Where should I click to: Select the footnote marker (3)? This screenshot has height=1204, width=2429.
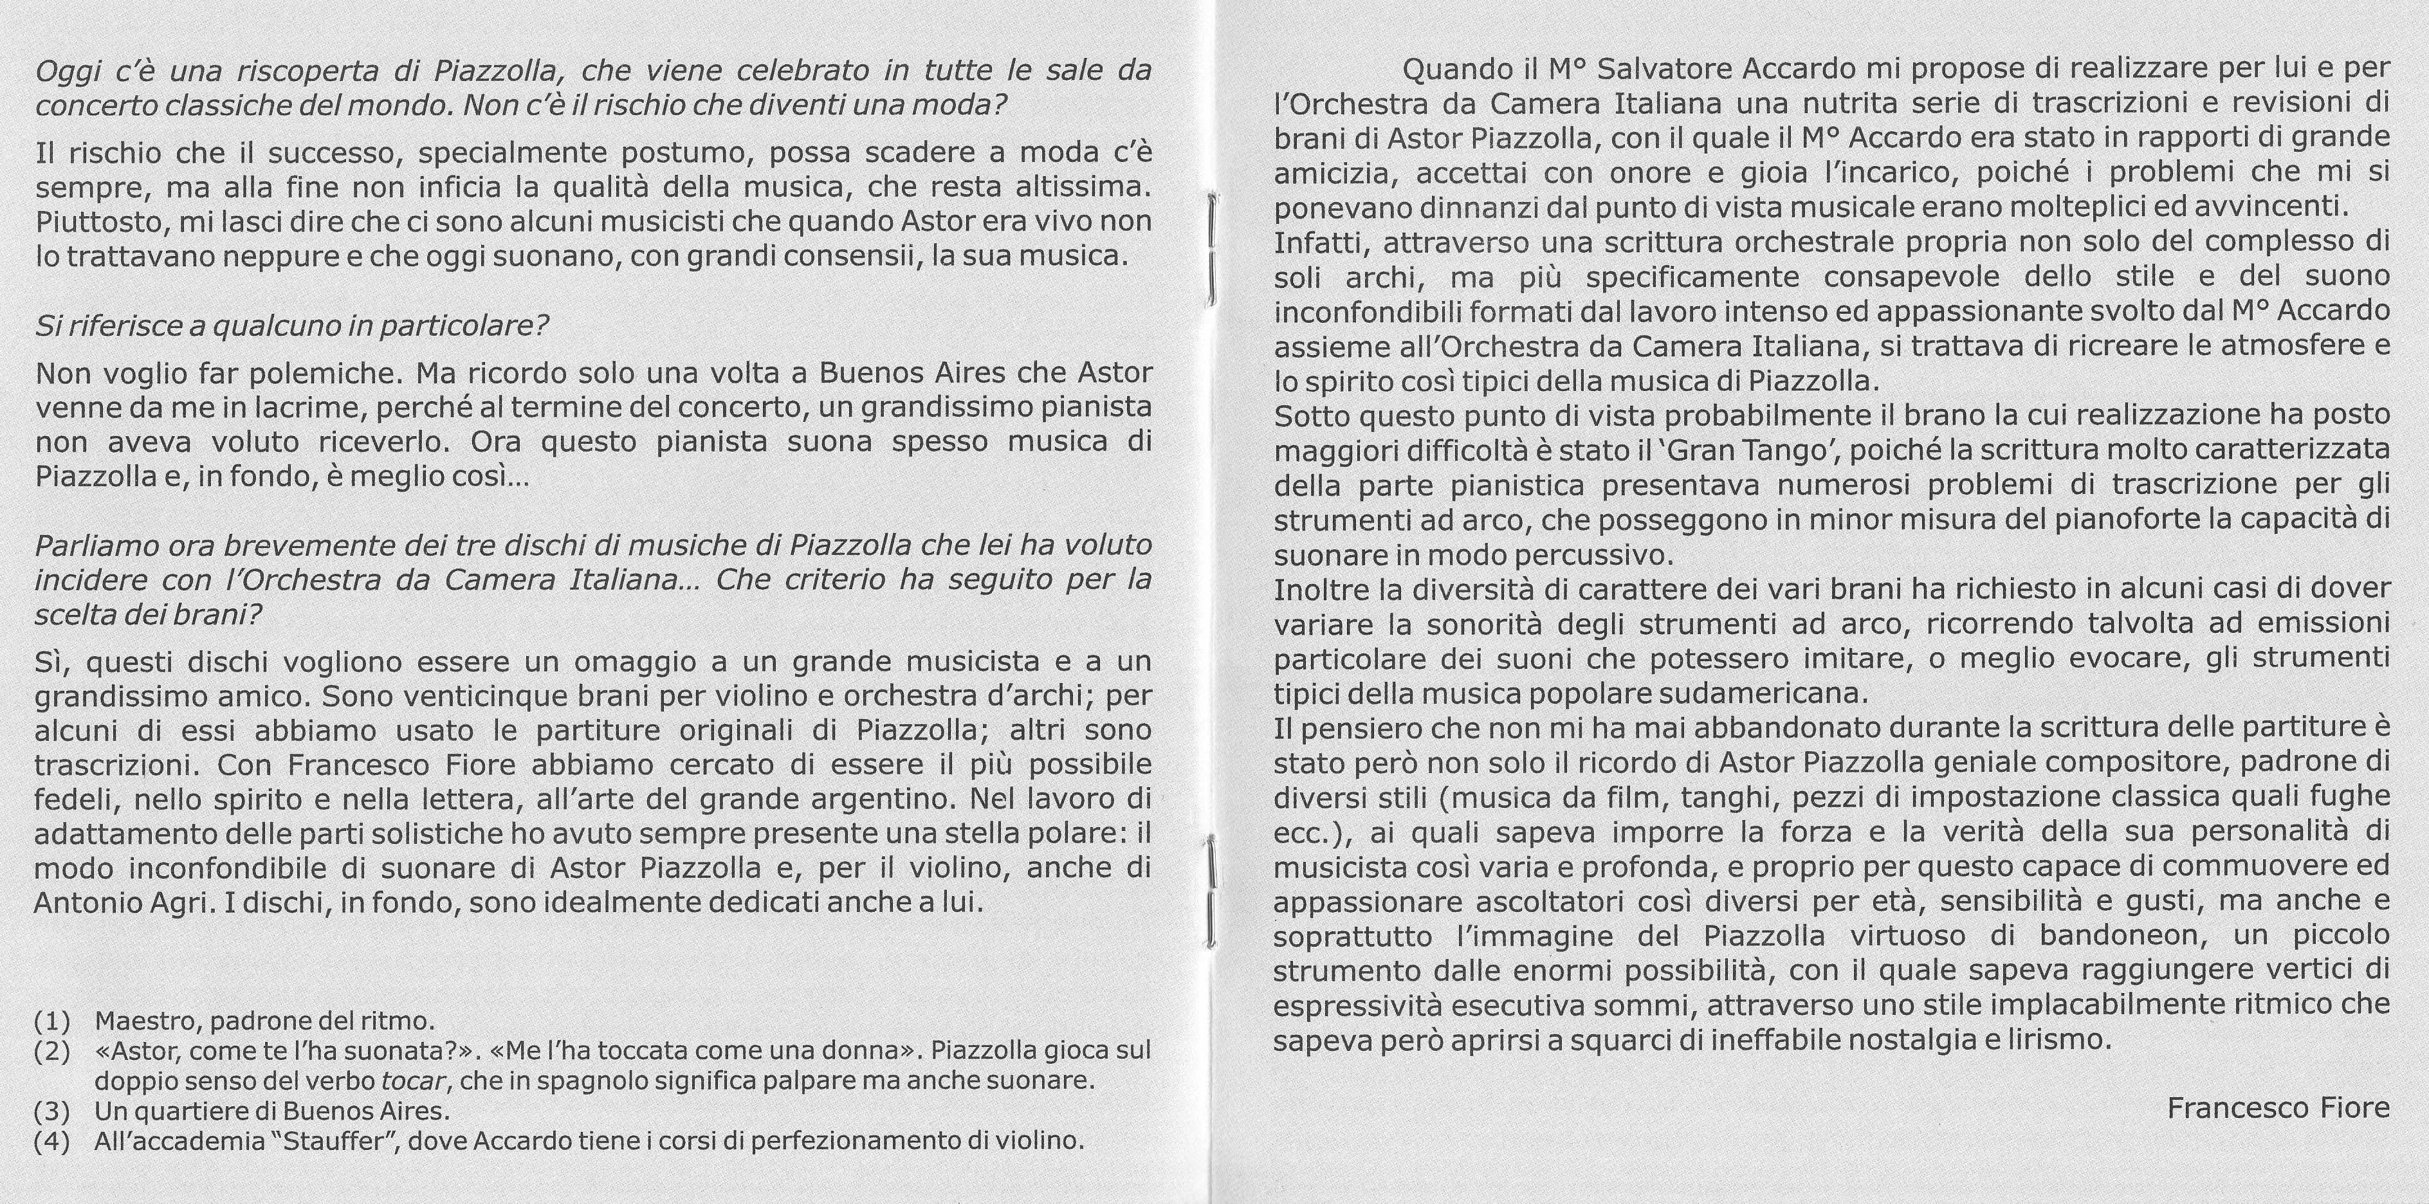point(52,1111)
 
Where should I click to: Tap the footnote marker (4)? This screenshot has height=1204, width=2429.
point(52,1141)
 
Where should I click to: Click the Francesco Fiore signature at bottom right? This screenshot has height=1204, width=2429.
point(2278,1108)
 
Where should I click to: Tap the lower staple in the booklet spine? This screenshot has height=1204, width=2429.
point(1210,891)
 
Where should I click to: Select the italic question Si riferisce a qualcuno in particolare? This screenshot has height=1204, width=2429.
point(291,326)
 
